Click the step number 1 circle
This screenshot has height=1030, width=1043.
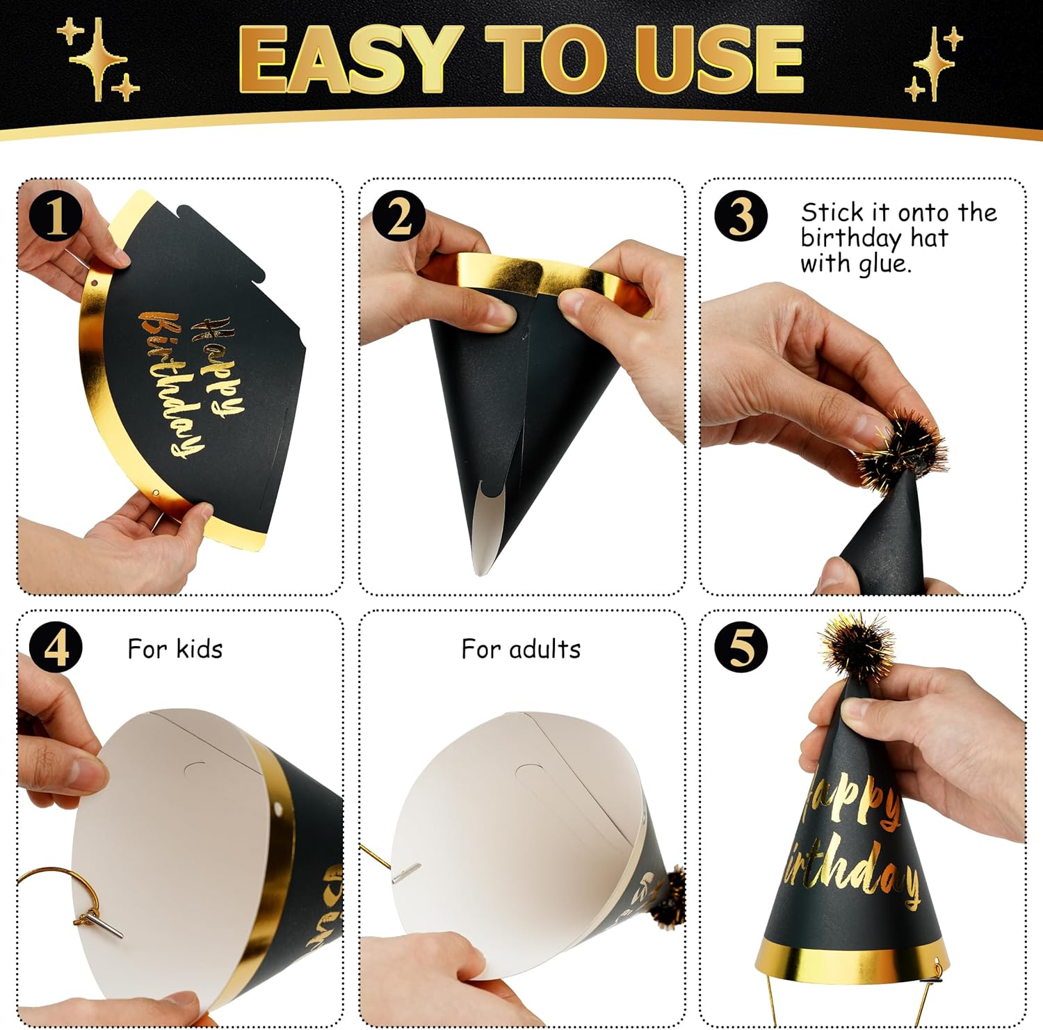coord(56,216)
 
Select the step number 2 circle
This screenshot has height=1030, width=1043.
coord(398,216)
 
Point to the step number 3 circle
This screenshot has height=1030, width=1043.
coord(741,216)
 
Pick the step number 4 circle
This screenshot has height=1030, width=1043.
coord(56,647)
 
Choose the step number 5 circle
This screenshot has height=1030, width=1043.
coord(741,647)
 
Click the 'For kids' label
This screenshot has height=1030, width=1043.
coord(175,650)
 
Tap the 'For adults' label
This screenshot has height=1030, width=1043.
coord(521,650)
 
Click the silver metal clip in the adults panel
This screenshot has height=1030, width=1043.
coord(406,873)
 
